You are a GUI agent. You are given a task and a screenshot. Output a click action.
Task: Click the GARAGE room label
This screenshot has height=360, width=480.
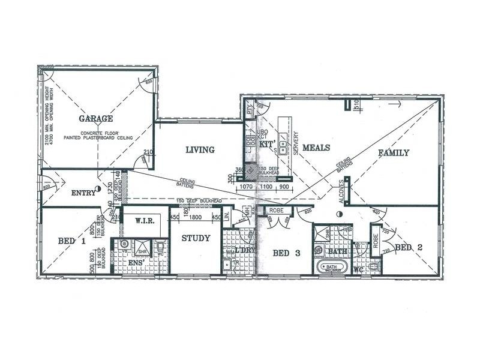click(x=95, y=119)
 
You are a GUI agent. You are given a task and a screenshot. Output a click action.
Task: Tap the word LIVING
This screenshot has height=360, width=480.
click(x=200, y=150)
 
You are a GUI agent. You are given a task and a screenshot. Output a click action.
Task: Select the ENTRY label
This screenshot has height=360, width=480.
click(x=83, y=193)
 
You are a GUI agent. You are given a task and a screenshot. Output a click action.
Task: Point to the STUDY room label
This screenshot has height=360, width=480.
click(x=196, y=238)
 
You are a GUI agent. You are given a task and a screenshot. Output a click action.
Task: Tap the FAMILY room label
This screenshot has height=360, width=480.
click(x=394, y=153)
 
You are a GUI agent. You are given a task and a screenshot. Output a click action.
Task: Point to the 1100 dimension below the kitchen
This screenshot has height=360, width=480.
click(x=266, y=187)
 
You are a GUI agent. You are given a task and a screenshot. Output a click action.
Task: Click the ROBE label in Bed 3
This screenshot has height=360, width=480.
click(x=276, y=211)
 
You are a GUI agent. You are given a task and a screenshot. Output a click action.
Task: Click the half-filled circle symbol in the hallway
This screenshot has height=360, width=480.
click(x=339, y=214)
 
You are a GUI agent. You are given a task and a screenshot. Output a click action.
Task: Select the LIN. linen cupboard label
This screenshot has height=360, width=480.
click(x=227, y=217)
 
